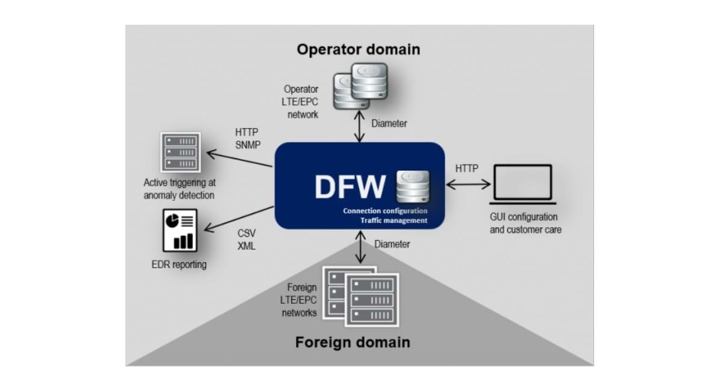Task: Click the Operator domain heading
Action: pyautogui.click(x=358, y=49)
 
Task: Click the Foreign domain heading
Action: pyautogui.click(x=352, y=342)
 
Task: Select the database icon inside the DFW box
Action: pyautogui.click(x=413, y=186)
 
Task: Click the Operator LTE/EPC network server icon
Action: pyautogui.click(x=360, y=86)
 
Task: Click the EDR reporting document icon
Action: pyautogui.click(x=180, y=230)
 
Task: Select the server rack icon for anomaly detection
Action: pyautogui.click(x=180, y=151)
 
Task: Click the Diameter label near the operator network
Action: pyautogui.click(x=389, y=124)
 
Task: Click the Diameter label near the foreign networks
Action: pyautogui.click(x=392, y=244)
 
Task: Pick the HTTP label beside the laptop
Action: pyautogui.click(x=467, y=168)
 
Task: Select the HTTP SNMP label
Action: pyautogui.click(x=247, y=138)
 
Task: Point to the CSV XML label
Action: pyautogui.click(x=246, y=240)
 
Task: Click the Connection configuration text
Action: pyautogui.click(x=385, y=211)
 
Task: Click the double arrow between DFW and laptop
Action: pyautogui.click(x=468, y=184)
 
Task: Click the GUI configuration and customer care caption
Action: pyautogui.click(x=524, y=223)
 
